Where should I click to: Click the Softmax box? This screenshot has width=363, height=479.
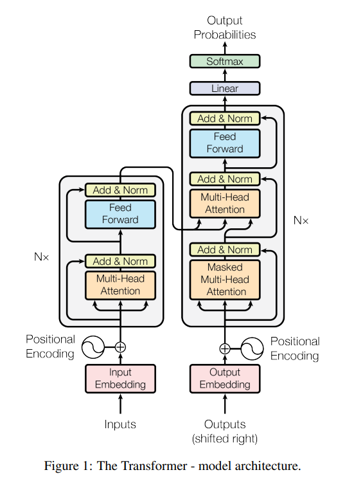225,62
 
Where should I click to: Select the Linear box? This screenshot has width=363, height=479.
225,89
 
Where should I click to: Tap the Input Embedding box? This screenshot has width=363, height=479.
120,379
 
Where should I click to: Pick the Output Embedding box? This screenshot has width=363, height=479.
225,379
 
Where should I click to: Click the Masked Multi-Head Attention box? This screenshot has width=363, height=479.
225,280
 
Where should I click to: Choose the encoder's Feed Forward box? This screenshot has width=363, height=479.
120,214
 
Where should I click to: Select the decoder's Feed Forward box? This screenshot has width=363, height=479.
225,143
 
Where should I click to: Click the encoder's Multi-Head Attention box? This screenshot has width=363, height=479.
120,285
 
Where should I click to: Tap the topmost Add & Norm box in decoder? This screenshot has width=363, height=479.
225,118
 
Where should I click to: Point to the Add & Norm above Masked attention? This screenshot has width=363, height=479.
225,249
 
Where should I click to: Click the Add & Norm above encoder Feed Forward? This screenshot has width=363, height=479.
120,190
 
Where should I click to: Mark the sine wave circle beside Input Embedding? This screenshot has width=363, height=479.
92,347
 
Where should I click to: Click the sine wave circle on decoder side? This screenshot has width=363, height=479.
252,348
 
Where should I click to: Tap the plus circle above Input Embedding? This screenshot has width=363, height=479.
120,347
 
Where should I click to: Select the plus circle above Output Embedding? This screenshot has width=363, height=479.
225,348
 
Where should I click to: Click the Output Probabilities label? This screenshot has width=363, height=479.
225,28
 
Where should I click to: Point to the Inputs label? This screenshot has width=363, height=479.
120,424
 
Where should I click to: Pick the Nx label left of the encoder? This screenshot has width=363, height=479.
42,257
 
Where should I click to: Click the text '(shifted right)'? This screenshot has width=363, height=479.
225,438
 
